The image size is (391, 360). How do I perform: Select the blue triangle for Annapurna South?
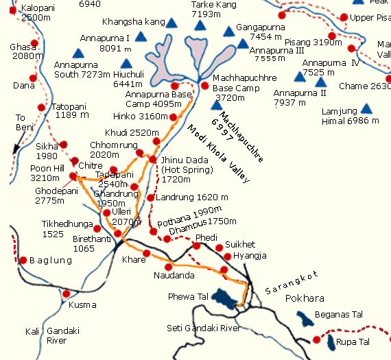(x=79, y=52)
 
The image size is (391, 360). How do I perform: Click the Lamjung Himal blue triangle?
(x=366, y=108)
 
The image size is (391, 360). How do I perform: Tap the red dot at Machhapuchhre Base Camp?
(x=204, y=86)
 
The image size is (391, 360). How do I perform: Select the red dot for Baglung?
(x=23, y=261)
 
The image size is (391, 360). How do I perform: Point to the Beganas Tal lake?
(x=303, y=318)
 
